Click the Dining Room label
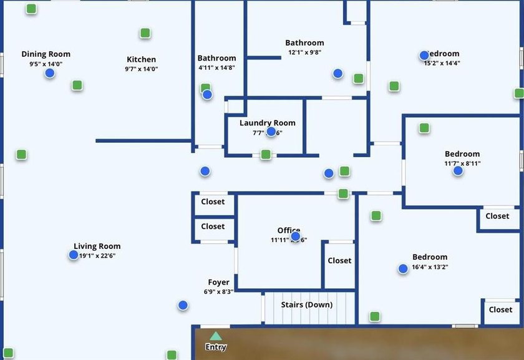pyautogui.click(x=46, y=54)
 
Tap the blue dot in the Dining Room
pyautogui.click(x=50, y=73)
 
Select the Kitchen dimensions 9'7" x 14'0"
pyautogui.click(x=141, y=69)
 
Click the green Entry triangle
pyautogui.click(x=215, y=336)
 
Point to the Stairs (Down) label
pyautogui.click(x=306, y=304)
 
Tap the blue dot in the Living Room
pyautogui.click(x=74, y=255)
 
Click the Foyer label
pyautogui.click(x=218, y=283)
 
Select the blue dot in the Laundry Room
pyautogui.click(x=271, y=131)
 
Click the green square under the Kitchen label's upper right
pyautogui.click(x=145, y=33)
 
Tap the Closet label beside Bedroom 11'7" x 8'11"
pyautogui.click(x=497, y=216)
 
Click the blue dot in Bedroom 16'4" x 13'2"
pyautogui.click(x=403, y=268)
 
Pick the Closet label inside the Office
pyautogui.click(x=339, y=261)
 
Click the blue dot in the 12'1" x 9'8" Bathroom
pyautogui.click(x=338, y=73)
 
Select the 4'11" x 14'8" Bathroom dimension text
pyautogui.click(x=216, y=67)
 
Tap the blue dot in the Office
pyautogui.click(x=296, y=236)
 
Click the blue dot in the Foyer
pyautogui.click(x=183, y=305)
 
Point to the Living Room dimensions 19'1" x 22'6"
pyautogui.click(x=97, y=256)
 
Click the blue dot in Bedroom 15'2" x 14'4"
pyautogui.click(x=425, y=55)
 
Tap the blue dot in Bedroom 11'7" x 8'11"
pyautogui.click(x=458, y=170)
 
